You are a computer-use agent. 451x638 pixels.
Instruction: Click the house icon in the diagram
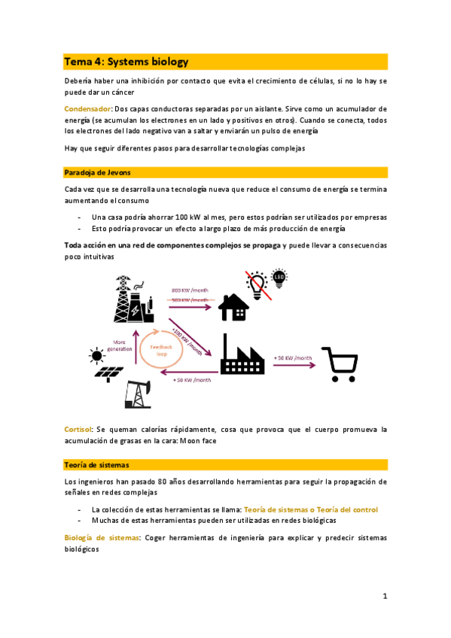(233, 307)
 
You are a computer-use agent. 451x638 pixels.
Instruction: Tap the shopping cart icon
(339, 363)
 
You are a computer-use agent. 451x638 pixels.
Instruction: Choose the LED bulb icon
(279, 279)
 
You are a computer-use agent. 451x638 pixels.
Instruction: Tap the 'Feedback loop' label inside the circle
(161, 350)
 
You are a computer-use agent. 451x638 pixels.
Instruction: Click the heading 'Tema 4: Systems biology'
(126, 62)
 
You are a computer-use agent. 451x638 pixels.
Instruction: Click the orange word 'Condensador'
(86, 109)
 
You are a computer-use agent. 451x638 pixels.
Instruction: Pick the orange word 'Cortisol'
(78, 430)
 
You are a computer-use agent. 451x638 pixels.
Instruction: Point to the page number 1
(384, 597)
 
